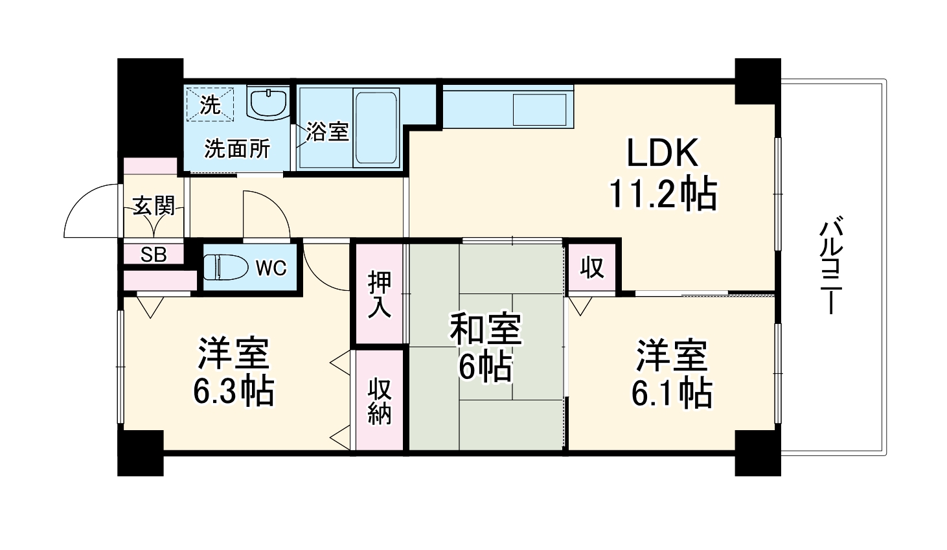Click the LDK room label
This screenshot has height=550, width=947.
tap(661, 154)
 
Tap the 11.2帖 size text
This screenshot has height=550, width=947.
tap(662, 193)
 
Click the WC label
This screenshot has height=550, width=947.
tap(271, 268)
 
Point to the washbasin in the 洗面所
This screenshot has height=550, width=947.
tap(268, 103)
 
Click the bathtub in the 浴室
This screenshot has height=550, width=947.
tap(375, 126)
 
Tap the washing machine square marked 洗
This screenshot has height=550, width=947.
tap(209, 104)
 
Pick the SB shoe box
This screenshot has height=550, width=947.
tap(154, 255)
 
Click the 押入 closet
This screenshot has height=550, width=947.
tap(380, 293)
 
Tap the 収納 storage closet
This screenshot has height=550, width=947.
tap(380, 400)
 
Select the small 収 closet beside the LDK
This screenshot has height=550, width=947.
tap(591, 267)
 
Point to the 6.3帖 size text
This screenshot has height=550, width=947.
tap(233, 391)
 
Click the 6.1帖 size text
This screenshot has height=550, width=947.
tap(672, 392)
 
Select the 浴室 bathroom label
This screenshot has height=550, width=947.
tap(328, 132)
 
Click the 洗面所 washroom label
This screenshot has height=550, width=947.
tap(237, 149)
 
